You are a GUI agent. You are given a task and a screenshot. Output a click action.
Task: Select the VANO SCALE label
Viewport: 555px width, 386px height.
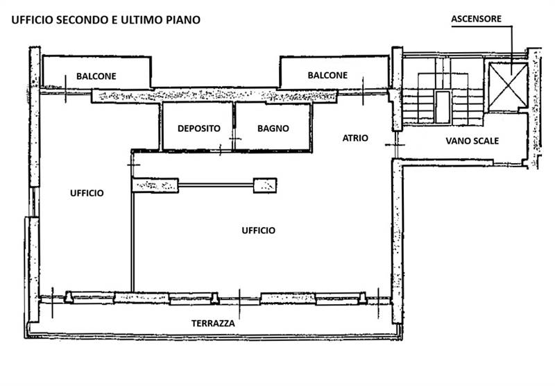point(472,141)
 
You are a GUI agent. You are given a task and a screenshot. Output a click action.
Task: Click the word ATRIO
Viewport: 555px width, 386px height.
point(355,138)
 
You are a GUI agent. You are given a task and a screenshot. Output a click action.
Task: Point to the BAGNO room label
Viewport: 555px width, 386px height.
point(273,128)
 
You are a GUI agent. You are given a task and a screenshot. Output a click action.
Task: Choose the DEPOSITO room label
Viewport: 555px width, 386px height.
point(198,128)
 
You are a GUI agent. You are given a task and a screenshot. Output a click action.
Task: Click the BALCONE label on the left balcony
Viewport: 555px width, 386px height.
point(96,76)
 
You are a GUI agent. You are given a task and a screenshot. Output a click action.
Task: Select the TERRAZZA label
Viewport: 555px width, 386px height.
point(213,324)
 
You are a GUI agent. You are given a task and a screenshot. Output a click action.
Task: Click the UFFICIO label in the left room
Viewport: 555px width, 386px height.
point(87,193)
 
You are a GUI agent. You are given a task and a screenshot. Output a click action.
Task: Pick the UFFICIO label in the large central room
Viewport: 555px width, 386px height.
point(258,230)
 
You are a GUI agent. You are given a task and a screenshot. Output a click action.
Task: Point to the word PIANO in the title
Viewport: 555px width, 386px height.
point(183,19)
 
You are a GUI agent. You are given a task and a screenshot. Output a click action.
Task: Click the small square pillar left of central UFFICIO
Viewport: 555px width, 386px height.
point(266,185)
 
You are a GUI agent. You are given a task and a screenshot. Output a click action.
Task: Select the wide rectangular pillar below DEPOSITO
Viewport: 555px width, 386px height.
point(155,185)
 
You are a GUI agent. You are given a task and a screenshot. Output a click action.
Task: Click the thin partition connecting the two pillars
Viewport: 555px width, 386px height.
point(216,184)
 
